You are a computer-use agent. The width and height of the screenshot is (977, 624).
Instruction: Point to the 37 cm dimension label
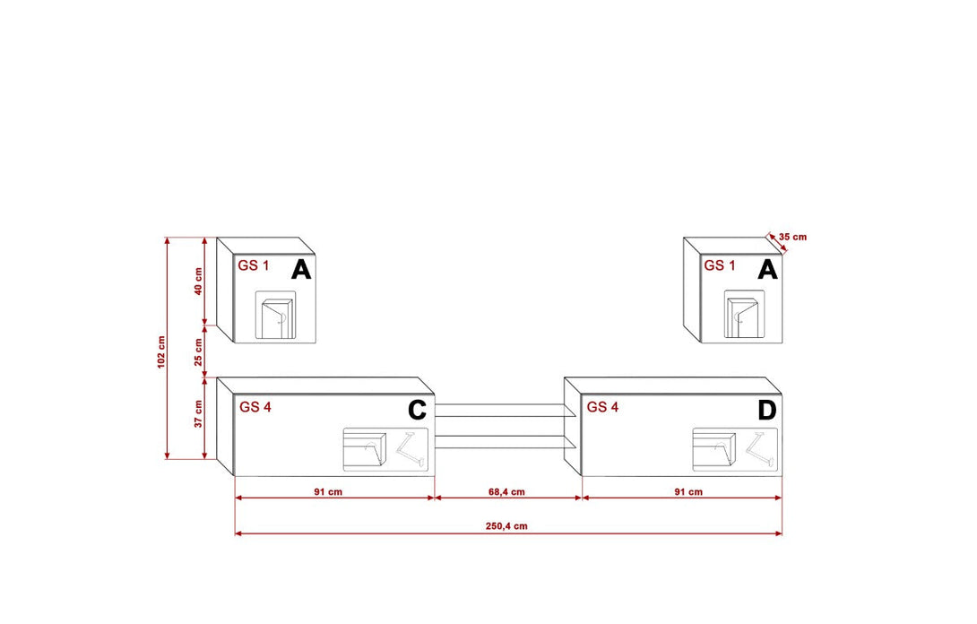pyautogui.click(x=199, y=413)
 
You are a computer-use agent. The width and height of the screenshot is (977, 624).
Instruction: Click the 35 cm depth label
pyautogui.click(x=792, y=237)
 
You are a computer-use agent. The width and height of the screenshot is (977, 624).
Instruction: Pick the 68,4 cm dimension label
pyautogui.click(x=506, y=492)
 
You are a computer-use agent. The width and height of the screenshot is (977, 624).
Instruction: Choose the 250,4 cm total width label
pyautogui.click(x=506, y=526)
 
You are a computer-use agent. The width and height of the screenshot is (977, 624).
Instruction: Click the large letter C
pyautogui.click(x=417, y=411)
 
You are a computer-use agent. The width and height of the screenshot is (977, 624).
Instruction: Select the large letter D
pyautogui.click(x=766, y=411)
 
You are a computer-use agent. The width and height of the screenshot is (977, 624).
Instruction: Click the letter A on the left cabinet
pyautogui.click(x=301, y=269)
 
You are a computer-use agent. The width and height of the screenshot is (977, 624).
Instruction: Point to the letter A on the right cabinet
pyautogui.click(x=767, y=269)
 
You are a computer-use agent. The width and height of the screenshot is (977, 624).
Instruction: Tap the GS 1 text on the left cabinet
pyautogui.click(x=253, y=265)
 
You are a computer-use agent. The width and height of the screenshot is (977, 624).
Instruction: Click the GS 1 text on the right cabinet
pyautogui.click(x=720, y=265)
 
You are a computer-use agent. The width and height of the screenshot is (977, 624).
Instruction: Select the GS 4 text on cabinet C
pyautogui.click(x=255, y=406)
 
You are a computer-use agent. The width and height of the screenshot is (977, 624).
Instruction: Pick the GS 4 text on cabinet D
pyautogui.click(x=602, y=406)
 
